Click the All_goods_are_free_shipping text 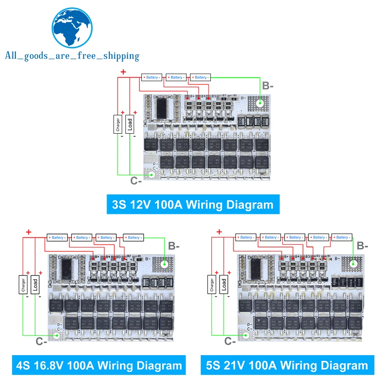tap(72, 56)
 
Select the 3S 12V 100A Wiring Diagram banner tap(193, 204)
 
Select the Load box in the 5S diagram tap(224, 285)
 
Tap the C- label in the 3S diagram tap(136, 181)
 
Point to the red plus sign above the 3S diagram tap(123, 72)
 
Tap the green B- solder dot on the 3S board tap(260, 102)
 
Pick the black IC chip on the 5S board tap(255, 266)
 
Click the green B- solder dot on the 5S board tap(354, 263)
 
